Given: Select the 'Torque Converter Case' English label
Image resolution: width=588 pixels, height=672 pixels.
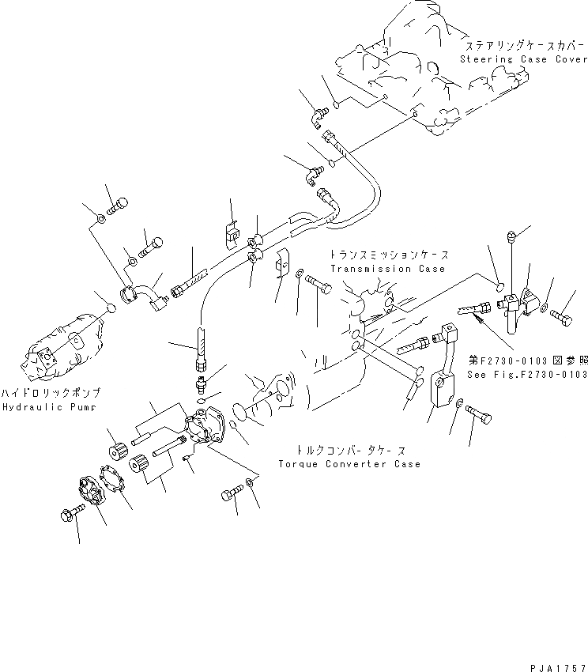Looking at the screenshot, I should pos(349,464).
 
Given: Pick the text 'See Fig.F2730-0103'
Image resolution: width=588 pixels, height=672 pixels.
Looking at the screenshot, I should pos(526,374).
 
